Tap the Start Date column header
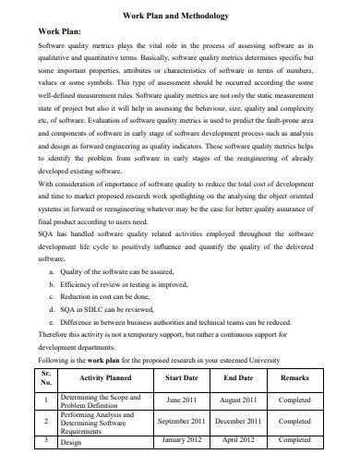tap(180, 376)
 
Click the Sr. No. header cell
tap(44, 377)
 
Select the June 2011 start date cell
tap(180, 400)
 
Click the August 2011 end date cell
tap(238, 400)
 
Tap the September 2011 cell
tap(180, 421)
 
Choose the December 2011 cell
tap(238, 421)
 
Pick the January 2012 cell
tap(180, 440)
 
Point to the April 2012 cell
tap(238, 440)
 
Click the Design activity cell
tap(71, 442)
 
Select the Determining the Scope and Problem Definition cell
tap(100, 400)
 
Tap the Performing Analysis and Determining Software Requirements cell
tap(100, 421)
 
